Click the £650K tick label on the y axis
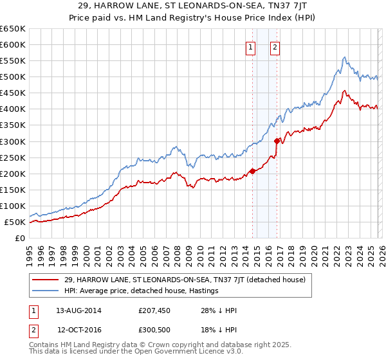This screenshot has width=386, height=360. click(x=13, y=29)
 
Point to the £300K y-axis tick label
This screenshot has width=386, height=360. click(x=13, y=141)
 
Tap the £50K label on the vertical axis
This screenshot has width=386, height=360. click(x=15, y=222)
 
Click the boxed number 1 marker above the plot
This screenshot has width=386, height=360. click(x=250, y=47)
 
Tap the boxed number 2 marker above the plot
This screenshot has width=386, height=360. click(x=275, y=47)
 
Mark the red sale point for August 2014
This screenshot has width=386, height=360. click(x=252, y=171)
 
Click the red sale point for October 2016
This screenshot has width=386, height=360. click(x=277, y=141)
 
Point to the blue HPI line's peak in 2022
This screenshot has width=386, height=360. click(x=345, y=57)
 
